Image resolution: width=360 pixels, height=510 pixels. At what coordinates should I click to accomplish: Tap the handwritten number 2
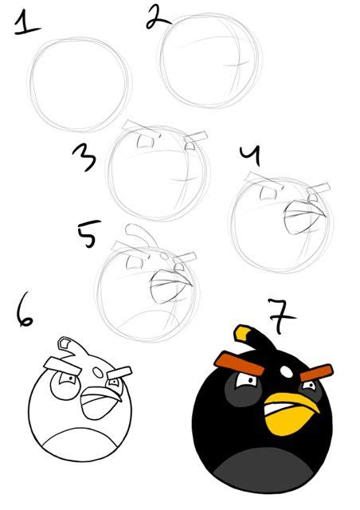point(155,16)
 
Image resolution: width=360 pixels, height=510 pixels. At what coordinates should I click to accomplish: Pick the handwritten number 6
point(24,312)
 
